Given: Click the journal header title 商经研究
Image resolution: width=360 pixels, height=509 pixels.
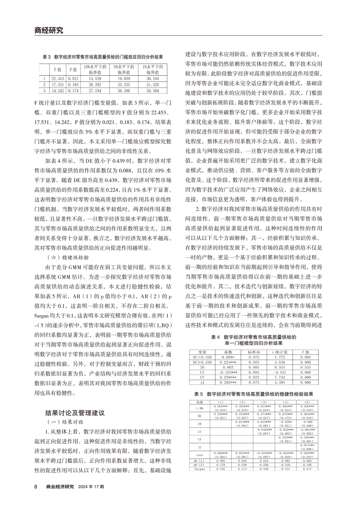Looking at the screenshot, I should pyautogui.click(x=48, y=30).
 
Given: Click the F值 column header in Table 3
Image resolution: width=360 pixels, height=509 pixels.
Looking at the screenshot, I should pyautogui.click(x=57, y=69).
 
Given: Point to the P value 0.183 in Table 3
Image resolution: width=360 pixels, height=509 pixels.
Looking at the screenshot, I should pyautogui.click(x=73, y=84).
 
